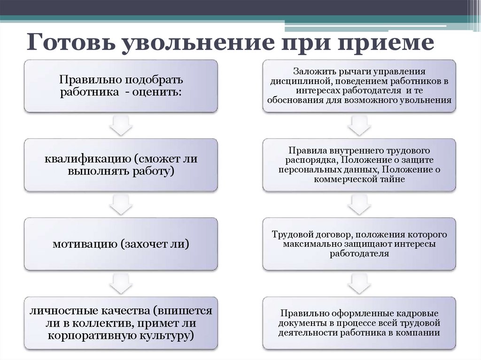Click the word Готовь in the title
(69, 44)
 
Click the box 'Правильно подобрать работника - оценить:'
(121, 85)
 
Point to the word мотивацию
(85, 244)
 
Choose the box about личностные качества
(121, 323)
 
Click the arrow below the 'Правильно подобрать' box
(121, 125)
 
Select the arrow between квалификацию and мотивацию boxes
(121, 204)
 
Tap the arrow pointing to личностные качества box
(121, 283)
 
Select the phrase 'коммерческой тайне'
(359, 179)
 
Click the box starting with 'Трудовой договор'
(359, 244)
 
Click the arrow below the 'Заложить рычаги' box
(359, 125)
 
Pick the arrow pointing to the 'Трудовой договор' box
(359, 204)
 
